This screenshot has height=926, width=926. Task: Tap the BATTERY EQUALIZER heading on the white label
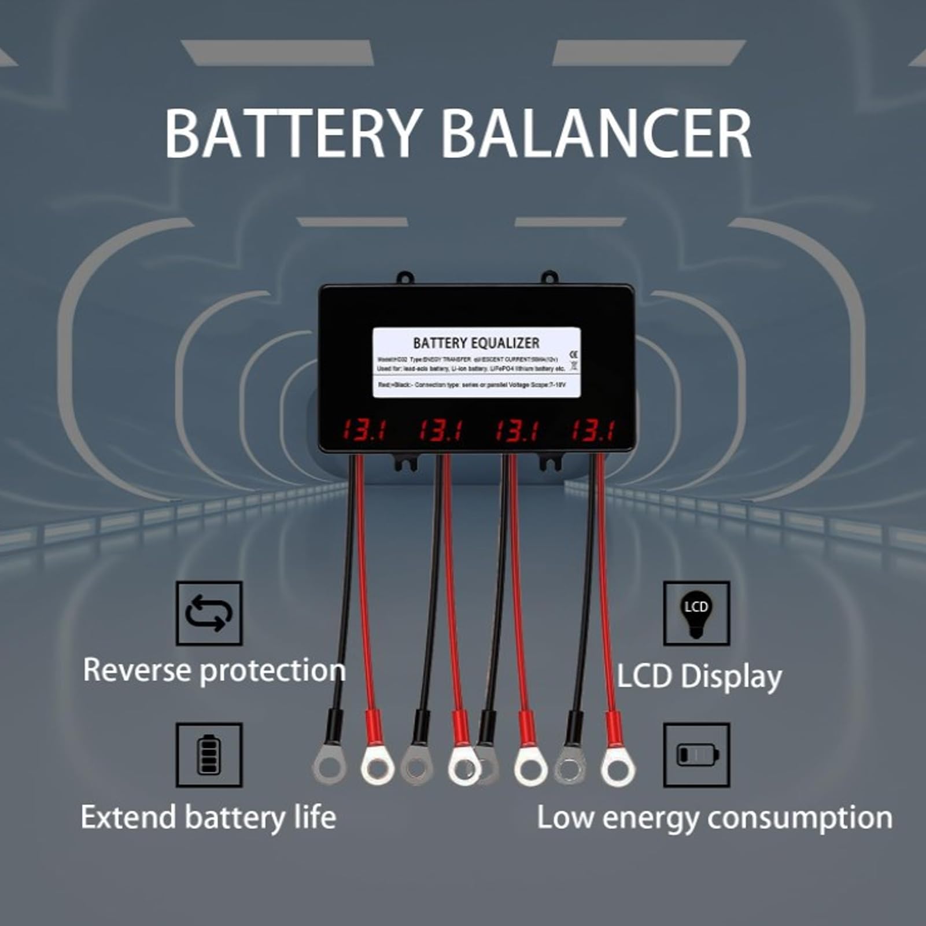click(x=476, y=343)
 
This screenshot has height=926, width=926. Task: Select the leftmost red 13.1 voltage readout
click(x=363, y=431)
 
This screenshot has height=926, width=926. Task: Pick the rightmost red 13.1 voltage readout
click(x=593, y=431)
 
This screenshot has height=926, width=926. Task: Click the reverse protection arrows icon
click(x=209, y=613)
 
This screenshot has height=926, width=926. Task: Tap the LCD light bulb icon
click(x=696, y=613)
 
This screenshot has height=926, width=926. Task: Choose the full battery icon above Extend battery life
click(x=209, y=754)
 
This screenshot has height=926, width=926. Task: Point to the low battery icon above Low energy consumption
click(x=697, y=754)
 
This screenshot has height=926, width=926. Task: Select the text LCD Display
click(x=699, y=677)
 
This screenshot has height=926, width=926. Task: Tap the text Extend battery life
click(x=208, y=818)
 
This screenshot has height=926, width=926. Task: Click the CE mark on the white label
click(x=573, y=353)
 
